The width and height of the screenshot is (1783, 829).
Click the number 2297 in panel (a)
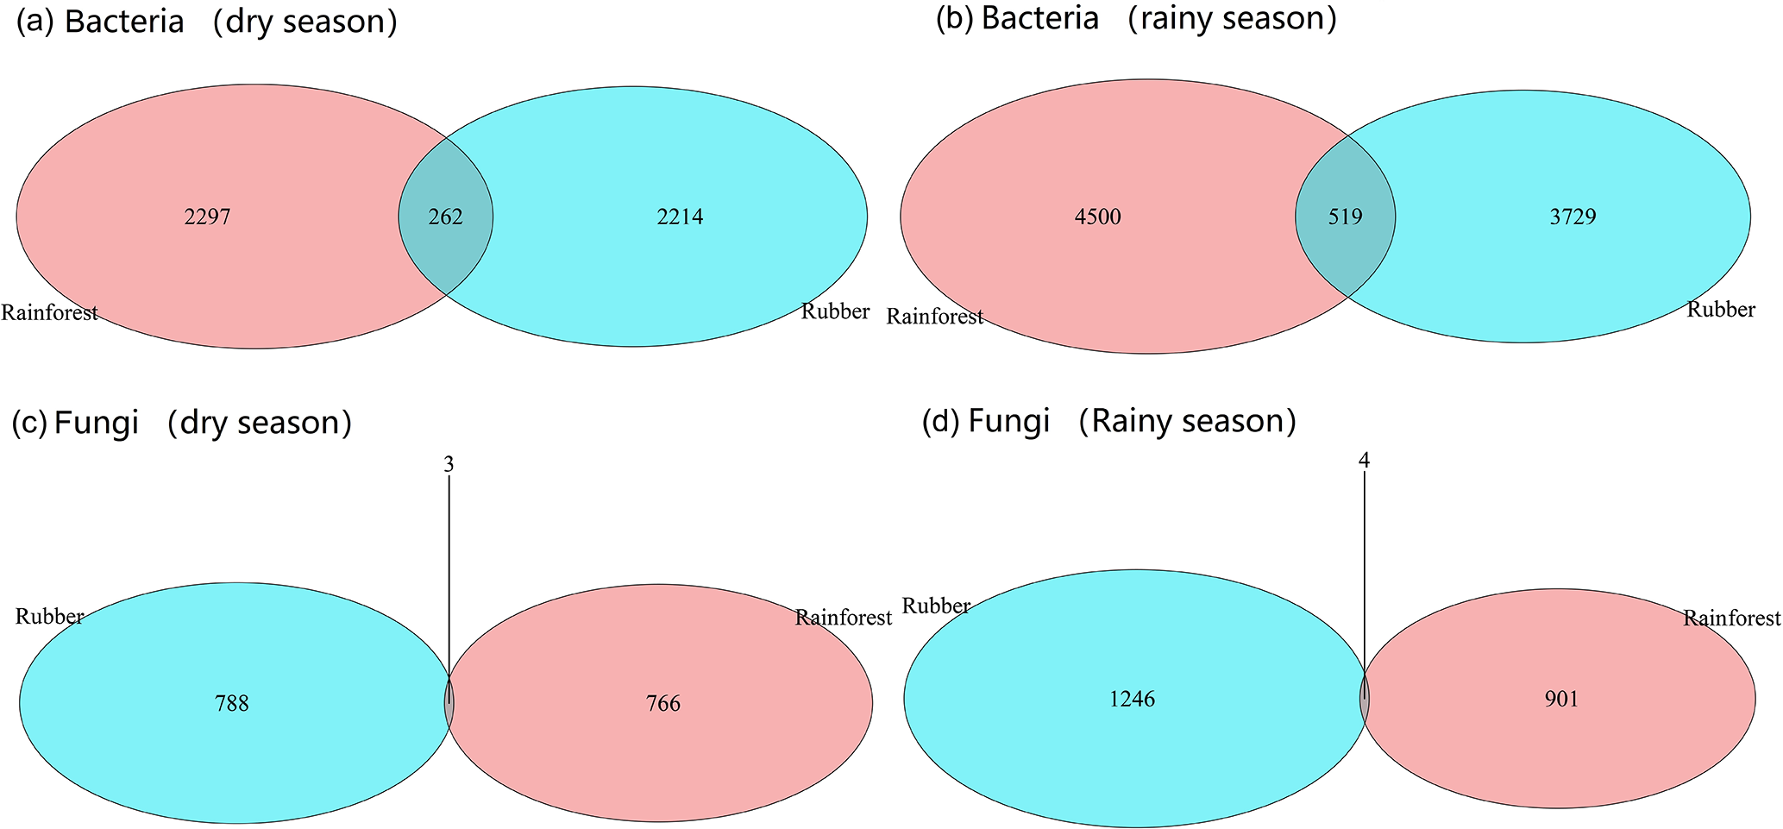pyautogui.click(x=207, y=217)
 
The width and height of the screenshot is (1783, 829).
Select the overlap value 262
pyautogui.click(x=446, y=217)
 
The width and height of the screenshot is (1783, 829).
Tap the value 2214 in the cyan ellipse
pyautogui.click(x=680, y=217)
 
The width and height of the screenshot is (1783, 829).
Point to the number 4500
pyautogui.click(x=1097, y=217)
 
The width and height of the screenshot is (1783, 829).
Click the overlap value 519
pyautogui.click(x=1345, y=217)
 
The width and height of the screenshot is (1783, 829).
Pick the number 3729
pyautogui.click(x=1573, y=217)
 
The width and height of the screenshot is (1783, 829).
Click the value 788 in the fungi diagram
pyautogui.click(x=231, y=704)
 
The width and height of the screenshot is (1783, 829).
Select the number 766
pyautogui.click(x=663, y=704)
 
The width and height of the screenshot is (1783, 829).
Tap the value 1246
pyautogui.click(x=1132, y=699)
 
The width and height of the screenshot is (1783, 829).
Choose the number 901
pyautogui.click(x=1561, y=699)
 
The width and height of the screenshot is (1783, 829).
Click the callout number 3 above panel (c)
pyautogui.click(x=449, y=465)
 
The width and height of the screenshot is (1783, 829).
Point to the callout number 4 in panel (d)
pyautogui.click(x=1364, y=461)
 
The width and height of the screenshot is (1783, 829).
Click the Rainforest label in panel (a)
pyautogui.click(x=49, y=312)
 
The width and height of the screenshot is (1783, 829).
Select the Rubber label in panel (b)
pyautogui.click(x=1721, y=309)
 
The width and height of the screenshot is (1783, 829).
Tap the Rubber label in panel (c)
pyautogui.click(x=50, y=616)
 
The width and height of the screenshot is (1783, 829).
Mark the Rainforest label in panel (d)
pyautogui.click(x=1731, y=618)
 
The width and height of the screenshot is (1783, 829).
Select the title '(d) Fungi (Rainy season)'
pyautogui.click(x=1109, y=421)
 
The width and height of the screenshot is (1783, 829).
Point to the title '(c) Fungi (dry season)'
pyautogui.click(x=182, y=423)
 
